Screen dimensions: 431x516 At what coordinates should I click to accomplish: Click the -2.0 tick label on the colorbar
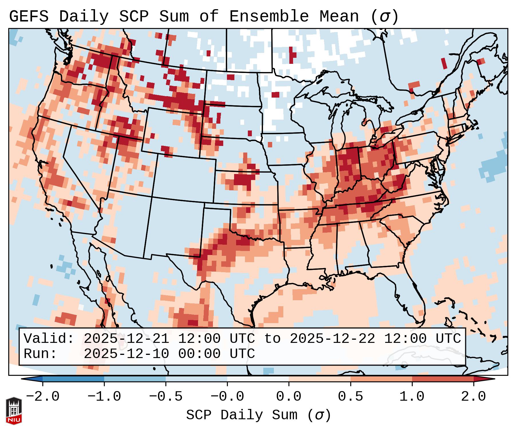click(x=43, y=397)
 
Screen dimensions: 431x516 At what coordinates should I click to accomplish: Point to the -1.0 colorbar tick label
click(x=104, y=397)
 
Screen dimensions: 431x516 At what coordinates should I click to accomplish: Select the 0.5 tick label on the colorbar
click(x=350, y=397)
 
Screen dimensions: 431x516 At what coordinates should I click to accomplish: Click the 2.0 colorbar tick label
click(x=473, y=397)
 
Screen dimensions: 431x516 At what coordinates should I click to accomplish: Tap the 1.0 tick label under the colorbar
click(x=412, y=397)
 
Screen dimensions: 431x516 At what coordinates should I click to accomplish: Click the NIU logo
click(x=14, y=410)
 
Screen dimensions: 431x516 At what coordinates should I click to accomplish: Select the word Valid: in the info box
click(x=49, y=339)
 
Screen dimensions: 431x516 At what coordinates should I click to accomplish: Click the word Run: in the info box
click(x=40, y=354)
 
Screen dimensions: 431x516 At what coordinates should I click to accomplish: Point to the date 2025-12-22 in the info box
click(x=332, y=339)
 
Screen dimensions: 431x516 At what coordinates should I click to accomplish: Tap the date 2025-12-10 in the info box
click(x=126, y=354)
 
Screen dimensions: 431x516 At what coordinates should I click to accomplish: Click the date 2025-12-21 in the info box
click(x=126, y=339)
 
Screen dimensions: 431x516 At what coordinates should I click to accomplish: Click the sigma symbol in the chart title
click(x=384, y=17)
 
